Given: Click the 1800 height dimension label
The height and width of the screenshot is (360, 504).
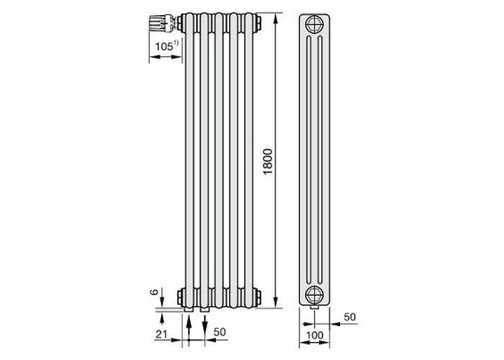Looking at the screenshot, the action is [267, 162].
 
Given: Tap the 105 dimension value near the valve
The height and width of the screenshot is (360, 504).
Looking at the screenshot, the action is [164, 47].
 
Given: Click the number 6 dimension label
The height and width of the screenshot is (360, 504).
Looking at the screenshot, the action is [154, 292].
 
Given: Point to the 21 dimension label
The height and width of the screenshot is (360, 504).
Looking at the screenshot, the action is [161, 334].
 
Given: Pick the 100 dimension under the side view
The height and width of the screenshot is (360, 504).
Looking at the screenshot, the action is [315, 336].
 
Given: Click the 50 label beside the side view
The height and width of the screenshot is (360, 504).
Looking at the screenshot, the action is [350, 317].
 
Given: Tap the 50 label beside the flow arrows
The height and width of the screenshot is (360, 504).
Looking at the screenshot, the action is [220, 332].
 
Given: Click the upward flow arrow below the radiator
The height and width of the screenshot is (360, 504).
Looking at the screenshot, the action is [189, 328].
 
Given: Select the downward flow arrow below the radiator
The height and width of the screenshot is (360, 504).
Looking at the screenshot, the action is [204, 325].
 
